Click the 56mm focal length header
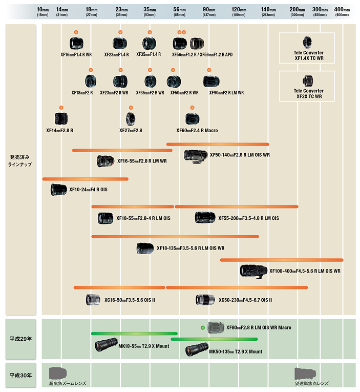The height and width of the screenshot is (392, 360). coord(179,11)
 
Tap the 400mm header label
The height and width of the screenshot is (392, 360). coord(342,11)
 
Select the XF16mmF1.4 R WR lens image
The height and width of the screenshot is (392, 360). coord(76,43)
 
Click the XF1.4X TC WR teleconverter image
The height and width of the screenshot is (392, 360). coord(307,42)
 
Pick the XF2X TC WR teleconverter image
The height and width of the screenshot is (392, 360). coord(308,81)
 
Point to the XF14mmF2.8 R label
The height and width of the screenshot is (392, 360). coord(60,131)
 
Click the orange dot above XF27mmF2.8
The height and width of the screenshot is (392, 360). coord(131,108)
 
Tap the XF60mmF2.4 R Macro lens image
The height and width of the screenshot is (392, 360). coord(192,119)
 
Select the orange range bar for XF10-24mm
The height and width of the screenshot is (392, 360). coord(86,179)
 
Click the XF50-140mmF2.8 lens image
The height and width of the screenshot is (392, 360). coord(196,156)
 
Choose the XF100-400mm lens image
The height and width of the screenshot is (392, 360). coord(253,271)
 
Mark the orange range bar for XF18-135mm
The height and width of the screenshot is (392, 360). coord(175,237)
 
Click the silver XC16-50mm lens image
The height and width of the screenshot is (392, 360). coord(93,300)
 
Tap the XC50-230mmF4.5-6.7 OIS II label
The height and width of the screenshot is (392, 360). coord(245,300)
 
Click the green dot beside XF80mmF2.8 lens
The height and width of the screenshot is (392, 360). coord(203,328)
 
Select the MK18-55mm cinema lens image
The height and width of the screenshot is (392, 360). coord(106,344)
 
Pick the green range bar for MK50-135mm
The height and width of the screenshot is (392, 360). coord(214,339)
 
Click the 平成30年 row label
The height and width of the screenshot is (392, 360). coord(20,375)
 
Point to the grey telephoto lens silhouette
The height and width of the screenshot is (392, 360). coord(305,374)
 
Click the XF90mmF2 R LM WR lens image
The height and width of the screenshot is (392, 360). coord(211,81)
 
